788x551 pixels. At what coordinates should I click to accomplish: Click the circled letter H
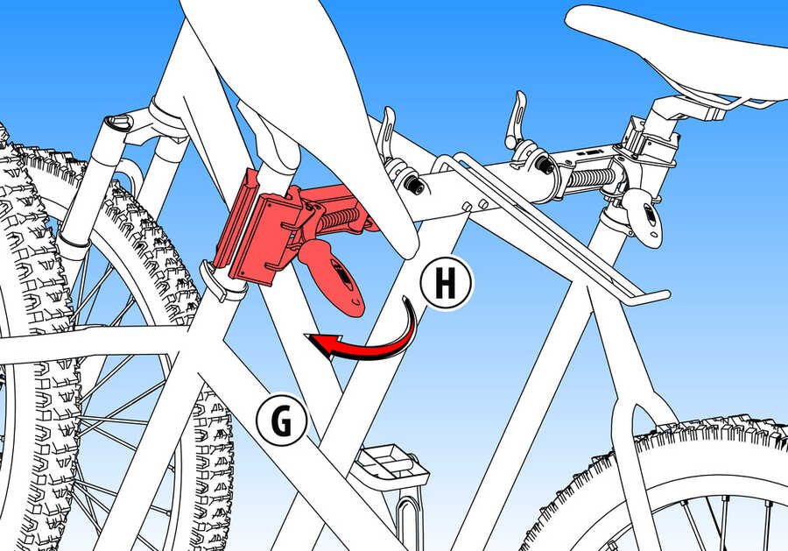[x=446, y=284]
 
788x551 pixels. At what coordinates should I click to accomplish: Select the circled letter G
[x=281, y=420]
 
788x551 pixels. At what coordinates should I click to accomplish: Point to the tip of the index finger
[x=409, y=249]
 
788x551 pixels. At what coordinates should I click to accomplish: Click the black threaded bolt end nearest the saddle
[x=543, y=164]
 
